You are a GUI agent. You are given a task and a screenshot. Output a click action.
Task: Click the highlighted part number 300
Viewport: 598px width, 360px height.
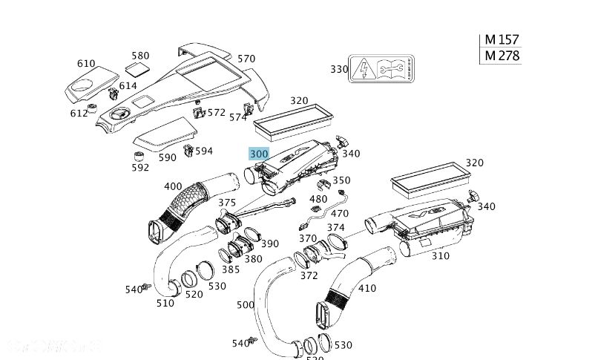click(258, 154)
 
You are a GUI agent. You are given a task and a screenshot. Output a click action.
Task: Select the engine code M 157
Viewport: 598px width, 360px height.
click(502, 40)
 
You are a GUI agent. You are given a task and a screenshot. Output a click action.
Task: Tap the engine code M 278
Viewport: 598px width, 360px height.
click(502, 56)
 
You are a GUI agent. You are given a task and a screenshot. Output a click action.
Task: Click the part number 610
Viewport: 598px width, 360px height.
click(86, 64)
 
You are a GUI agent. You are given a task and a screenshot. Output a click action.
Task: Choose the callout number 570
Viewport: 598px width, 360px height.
click(246, 59)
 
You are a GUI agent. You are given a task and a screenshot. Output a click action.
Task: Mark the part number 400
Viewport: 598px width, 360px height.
click(173, 186)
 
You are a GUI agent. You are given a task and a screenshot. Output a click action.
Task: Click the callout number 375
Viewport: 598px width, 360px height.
click(227, 203)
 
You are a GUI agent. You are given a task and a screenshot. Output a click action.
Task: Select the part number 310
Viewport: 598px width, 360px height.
click(441, 256)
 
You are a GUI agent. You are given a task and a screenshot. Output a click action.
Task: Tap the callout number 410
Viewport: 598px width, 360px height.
click(367, 288)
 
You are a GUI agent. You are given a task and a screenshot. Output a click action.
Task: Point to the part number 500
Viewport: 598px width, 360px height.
click(246, 304)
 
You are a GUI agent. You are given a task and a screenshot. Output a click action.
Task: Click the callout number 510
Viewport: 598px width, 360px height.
click(165, 303)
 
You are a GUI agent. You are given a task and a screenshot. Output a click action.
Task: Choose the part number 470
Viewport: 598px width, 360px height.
click(339, 214)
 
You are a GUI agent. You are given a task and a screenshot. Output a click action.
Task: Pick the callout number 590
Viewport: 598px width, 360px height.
click(168, 157)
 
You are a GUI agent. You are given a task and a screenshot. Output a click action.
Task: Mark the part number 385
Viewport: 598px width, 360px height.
click(231, 269)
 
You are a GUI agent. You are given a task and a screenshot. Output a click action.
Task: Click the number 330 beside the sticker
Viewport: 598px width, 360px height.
click(339, 69)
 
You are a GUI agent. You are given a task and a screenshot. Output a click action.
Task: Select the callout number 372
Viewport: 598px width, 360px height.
click(309, 275)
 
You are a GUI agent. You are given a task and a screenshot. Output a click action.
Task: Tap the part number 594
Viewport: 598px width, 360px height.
click(203, 151)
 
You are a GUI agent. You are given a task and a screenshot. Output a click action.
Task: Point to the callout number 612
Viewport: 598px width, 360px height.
click(79, 114)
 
